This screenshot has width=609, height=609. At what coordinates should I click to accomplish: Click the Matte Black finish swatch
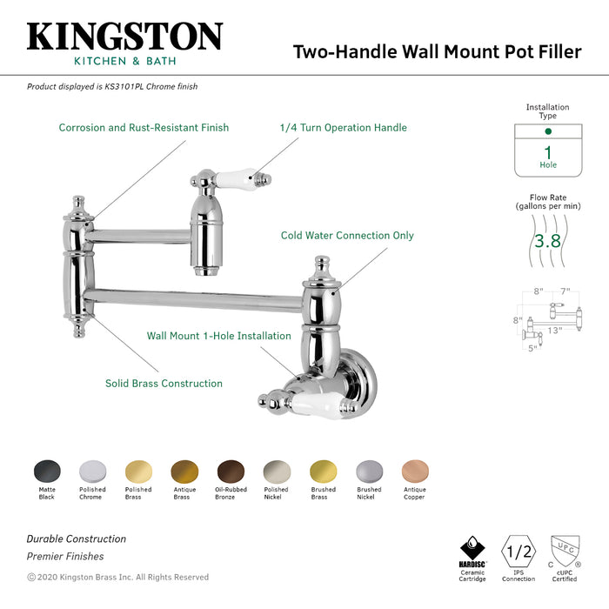tap(47, 472)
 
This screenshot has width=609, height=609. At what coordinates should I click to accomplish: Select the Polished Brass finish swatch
tap(138, 472)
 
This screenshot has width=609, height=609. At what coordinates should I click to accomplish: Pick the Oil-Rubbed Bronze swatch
tap(231, 472)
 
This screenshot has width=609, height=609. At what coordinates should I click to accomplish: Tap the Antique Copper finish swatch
tap(414, 472)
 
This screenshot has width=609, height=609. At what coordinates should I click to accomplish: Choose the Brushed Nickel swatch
tap(369, 472)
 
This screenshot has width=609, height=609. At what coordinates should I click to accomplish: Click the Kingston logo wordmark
tap(124, 37)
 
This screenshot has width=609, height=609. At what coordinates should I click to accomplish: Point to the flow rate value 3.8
tap(547, 241)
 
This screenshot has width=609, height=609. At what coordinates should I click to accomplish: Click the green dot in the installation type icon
tap(547, 131)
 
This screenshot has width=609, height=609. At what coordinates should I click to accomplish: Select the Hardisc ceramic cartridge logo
tap(472, 550)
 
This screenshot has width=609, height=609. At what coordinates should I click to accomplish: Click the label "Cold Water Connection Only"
tap(347, 236)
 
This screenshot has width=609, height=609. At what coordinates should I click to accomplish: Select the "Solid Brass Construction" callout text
tap(164, 383)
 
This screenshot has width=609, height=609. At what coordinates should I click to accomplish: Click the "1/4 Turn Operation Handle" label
tap(343, 128)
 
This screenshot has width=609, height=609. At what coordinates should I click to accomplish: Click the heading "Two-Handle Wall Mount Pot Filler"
tap(437, 51)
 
